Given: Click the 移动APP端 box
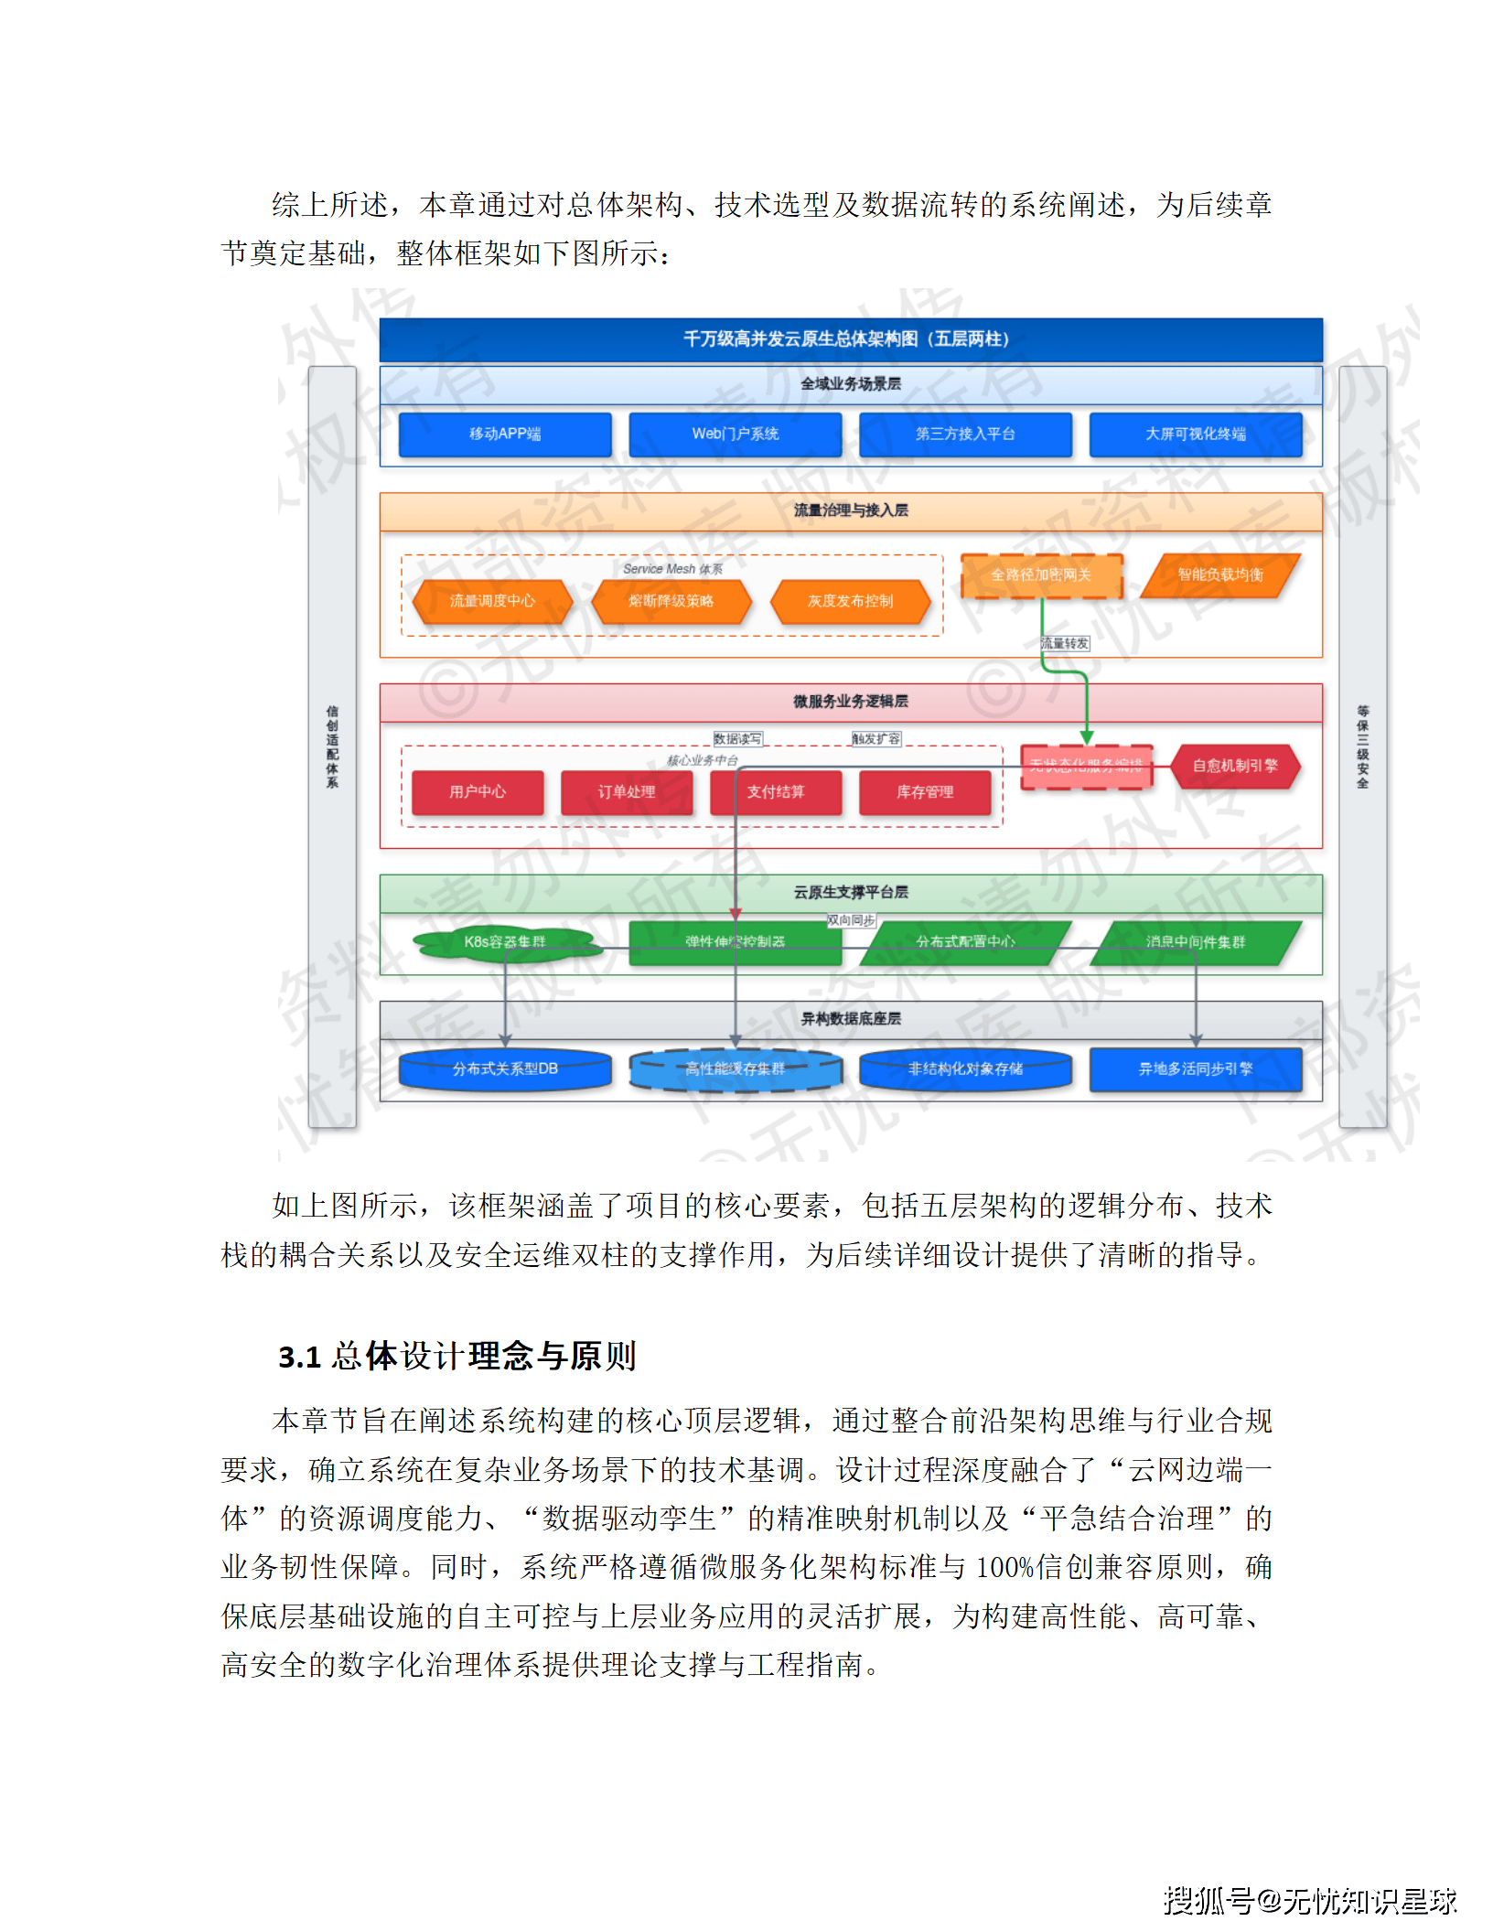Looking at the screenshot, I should [x=505, y=435].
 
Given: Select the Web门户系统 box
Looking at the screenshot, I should [x=735, y=435].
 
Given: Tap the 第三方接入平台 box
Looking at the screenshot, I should [x=965, y=435].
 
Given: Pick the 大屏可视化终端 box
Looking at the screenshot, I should [x=1195, y=435].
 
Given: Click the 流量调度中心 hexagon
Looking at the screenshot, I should [x=492, y=601].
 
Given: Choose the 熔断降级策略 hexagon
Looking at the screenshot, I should [x=671, y=601].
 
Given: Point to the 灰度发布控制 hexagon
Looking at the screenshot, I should [x=850, y=601].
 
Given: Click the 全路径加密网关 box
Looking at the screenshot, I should [x=1041, y=575].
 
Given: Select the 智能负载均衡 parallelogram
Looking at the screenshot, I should [x=1220, y=575].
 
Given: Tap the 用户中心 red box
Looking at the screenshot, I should [x=478, y=792].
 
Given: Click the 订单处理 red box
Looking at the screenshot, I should [x=627, y=792].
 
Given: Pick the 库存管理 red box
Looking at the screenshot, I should [x=925, y=792].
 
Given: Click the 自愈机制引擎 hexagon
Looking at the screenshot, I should [x=1235, y=767].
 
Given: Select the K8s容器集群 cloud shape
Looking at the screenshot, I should [x=505, y=942].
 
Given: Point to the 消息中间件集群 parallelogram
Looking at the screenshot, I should [x=1195, y=942].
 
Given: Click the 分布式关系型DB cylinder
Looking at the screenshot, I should [x=505, y=1069].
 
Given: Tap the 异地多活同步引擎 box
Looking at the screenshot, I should [x=1195, y=1069].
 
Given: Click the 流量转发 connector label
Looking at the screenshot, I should [x=1065, y=644].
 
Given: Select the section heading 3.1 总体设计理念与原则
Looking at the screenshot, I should [x=456, y=1356].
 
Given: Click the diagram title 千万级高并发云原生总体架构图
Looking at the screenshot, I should [x=846, y=339].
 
